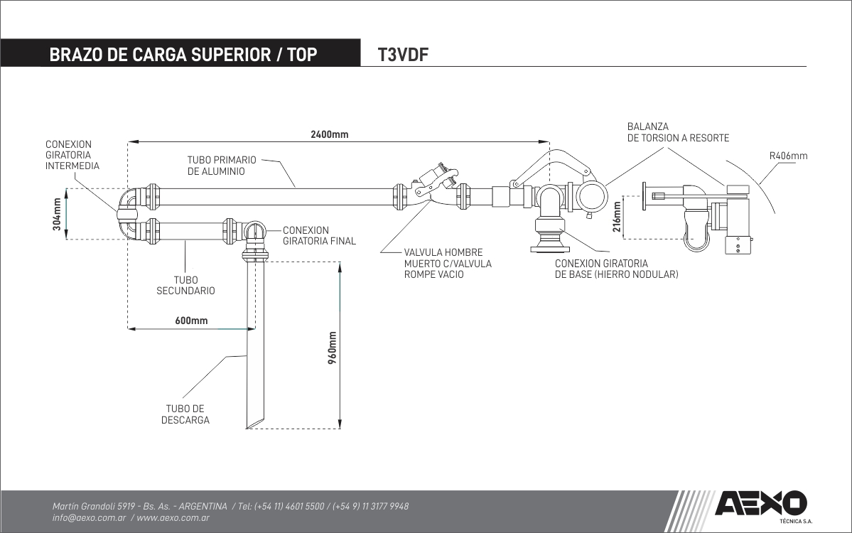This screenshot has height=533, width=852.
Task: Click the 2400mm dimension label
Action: tap(330, 135)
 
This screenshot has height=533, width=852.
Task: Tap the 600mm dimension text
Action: tap(191, 321)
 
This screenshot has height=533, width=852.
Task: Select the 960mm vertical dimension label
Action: tap(332, 348)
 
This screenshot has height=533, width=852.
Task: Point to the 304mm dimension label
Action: tap(56, 213)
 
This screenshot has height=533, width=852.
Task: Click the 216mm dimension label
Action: tap(617, 217)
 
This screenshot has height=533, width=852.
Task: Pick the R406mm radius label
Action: tap(788, 156)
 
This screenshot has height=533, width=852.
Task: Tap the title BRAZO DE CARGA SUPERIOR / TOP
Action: tap(183, 55)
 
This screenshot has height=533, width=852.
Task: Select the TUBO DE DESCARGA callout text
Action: tap(185, 414)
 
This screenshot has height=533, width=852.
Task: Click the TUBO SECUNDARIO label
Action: tap(185, 285)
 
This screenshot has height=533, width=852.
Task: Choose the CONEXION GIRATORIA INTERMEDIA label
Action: tap(72, 155)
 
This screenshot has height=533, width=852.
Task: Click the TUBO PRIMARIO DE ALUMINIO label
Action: tap(222, 166)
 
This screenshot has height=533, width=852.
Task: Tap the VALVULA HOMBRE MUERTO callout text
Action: tap(448, 263)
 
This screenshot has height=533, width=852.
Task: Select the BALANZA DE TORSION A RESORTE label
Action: tap(678, 132)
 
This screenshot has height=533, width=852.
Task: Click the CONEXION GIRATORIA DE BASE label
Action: tap(616, 269)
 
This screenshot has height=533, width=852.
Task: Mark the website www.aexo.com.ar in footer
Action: tap(173, 519)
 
